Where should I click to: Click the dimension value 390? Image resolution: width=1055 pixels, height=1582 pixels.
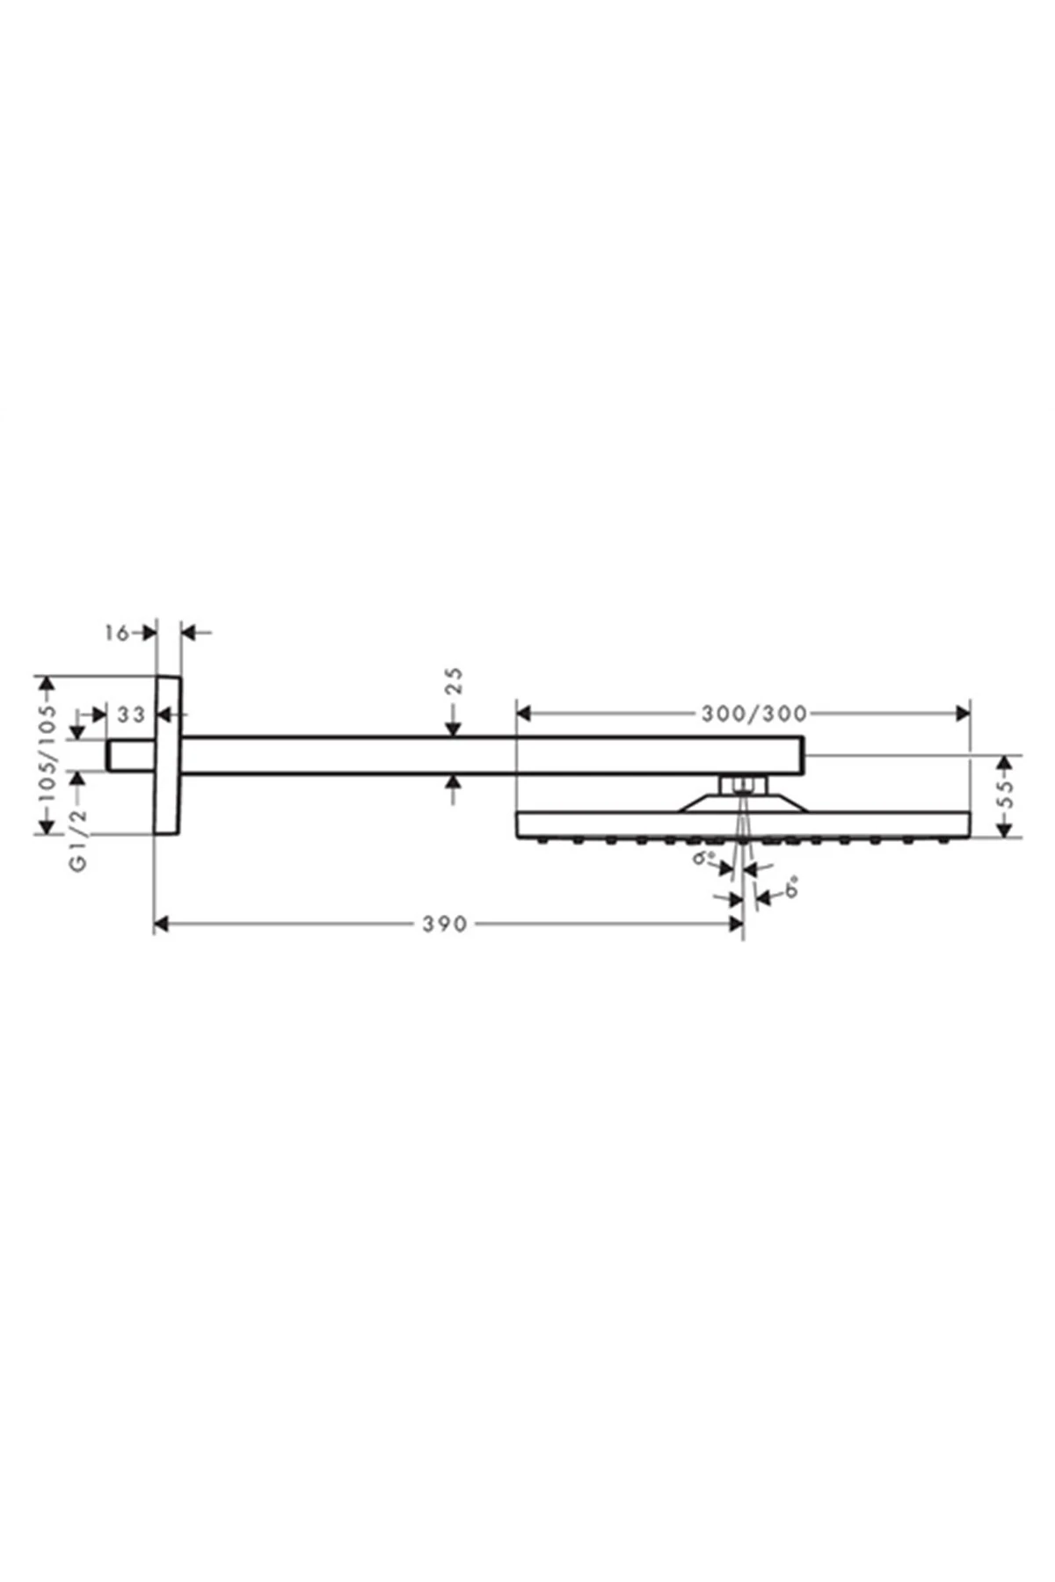(x=444, y=924)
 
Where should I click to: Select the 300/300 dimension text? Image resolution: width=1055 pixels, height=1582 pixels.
(x=753, y=714)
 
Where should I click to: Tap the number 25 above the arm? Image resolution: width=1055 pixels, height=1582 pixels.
(x=454, y=681)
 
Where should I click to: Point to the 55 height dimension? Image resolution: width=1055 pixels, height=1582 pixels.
(x=1006, y=795)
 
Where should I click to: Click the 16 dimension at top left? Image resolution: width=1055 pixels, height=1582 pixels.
(x=117, y=632)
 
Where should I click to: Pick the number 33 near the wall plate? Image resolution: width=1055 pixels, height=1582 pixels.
(x=131, y=715)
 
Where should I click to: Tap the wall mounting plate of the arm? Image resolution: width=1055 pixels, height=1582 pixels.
(x=168, y=755)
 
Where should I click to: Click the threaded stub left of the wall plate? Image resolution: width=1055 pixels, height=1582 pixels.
(x=131, y=756)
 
